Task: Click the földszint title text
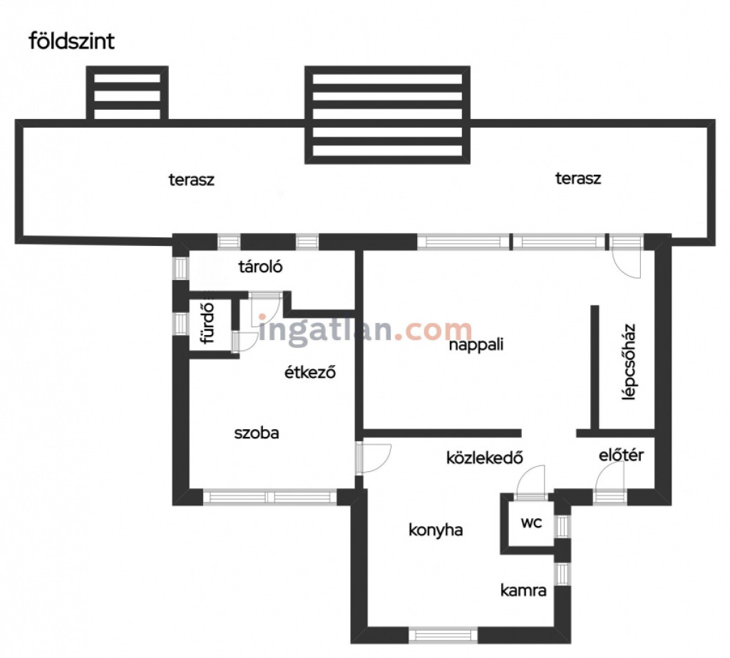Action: point(72,41)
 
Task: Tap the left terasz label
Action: point(191,180)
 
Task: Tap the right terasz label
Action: point(578,178)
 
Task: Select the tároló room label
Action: point(260,267)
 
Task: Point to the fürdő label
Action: point(207,323)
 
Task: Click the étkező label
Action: point(310,372)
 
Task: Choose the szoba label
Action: point(257,433)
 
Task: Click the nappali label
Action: point(476,345)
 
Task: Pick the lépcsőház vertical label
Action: point(629,362)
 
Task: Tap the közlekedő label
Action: point(485,458)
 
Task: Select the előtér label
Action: point(621,455)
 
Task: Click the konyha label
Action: point(436,530)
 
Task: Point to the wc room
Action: point(531,523)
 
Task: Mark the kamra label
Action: point(523,590)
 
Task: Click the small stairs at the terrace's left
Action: point(127,93)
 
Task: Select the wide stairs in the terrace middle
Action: point(387,115)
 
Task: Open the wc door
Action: point(530,483)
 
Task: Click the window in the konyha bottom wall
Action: point(443,635)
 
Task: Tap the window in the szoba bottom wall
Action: point(270,497)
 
